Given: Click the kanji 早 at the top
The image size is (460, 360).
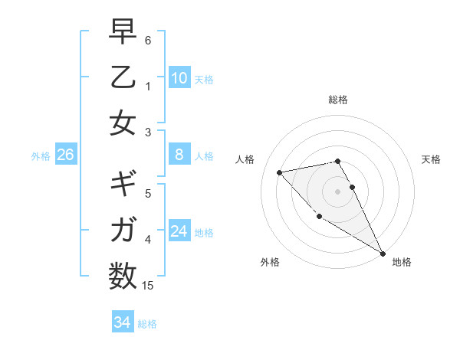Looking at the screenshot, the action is point(123,33).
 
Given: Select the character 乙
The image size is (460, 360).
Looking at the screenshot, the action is point(123,78).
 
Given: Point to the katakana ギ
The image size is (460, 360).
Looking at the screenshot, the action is point(123,185).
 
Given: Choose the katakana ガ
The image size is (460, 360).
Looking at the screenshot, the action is point(123,229).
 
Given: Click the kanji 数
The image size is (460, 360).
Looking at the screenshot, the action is point(123,274).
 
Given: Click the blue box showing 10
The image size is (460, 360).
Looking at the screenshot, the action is point(179,77).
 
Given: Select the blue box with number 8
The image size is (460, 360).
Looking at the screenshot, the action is point(179,155).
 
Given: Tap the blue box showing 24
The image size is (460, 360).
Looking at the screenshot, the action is point(179,231).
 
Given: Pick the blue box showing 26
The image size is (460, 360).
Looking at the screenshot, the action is point(66,155).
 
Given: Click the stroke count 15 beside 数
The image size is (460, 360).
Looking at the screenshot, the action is point(148,286).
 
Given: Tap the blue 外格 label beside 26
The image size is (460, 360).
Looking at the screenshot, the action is point(41,156).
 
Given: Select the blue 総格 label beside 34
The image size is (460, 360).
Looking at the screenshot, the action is point(147,324).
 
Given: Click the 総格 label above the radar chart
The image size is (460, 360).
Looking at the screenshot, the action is point(337,100).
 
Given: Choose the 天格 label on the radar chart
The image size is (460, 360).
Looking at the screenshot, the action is point(431,159).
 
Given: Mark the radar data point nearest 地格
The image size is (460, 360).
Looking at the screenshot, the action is point(383,254).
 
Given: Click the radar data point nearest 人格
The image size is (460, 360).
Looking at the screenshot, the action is point(279,172).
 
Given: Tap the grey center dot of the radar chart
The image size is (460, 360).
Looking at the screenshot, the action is point(337,191).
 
